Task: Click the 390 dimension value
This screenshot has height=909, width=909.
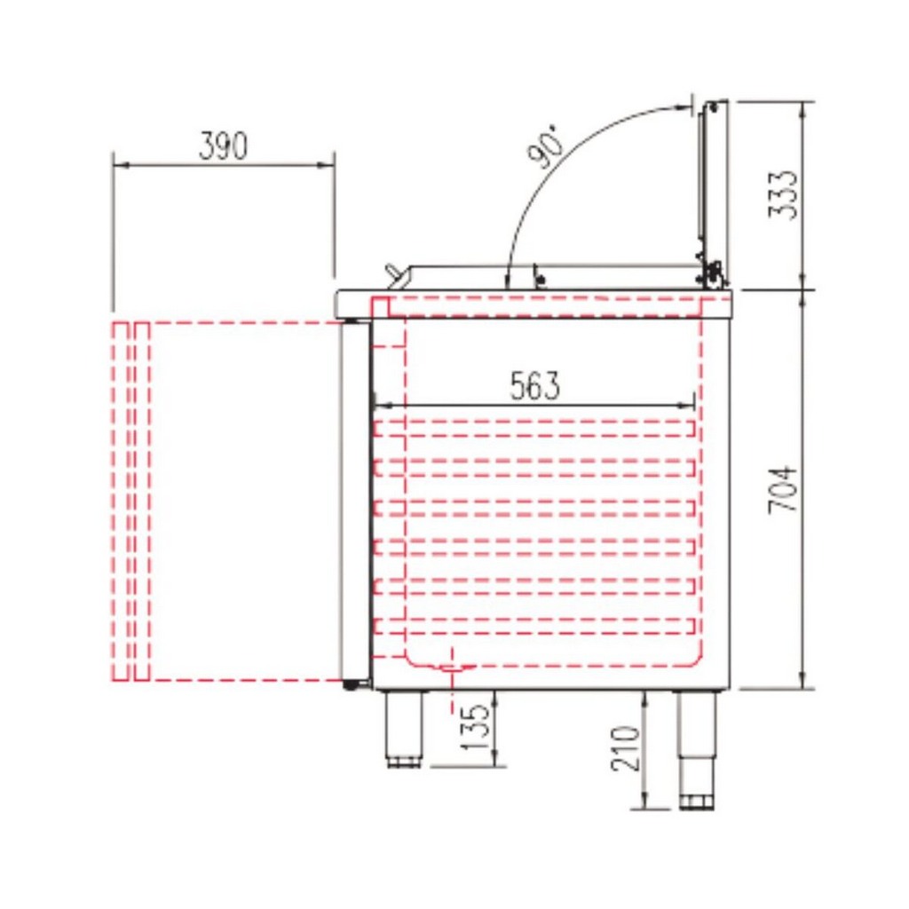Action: click(x=223, y=146)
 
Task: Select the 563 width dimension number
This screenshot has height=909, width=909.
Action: click(x=535, y=386)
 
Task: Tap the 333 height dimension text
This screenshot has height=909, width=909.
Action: click(x=783, y=194)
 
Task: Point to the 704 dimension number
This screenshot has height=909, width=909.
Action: click(x=783, y=489)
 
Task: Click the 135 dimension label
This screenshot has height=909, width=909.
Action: click(x=476, y=727)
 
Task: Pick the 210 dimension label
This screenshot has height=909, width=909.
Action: click(x=625, y=747)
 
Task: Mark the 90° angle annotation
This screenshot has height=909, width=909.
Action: click(x=545, y=145)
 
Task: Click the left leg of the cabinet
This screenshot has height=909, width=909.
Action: click(x=404, y=730)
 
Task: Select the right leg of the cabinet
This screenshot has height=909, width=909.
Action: click(x=696, y=749)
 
